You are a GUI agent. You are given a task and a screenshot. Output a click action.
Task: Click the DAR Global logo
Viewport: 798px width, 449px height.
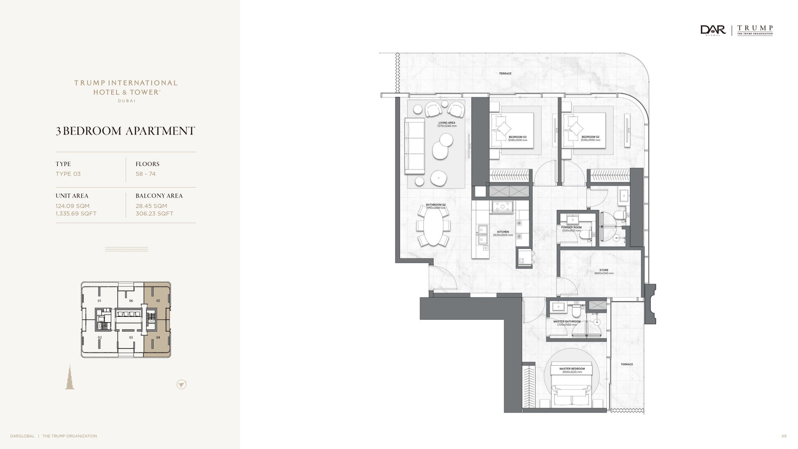713,30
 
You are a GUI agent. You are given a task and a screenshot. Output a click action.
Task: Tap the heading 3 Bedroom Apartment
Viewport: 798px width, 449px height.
125,131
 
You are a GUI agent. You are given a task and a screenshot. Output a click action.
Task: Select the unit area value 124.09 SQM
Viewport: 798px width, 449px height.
73,206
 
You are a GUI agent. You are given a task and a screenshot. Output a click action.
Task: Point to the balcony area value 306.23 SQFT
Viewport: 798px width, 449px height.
155,214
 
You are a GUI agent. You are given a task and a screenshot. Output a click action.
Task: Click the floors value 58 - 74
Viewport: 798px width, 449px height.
146,174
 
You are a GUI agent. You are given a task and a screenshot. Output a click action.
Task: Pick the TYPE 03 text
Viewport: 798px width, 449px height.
68,174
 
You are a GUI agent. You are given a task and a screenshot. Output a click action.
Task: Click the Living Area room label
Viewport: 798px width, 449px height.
446,123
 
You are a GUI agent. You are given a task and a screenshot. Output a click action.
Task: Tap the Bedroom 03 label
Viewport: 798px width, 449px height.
517,137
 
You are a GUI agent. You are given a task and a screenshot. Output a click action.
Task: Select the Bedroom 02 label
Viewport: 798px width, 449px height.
590,137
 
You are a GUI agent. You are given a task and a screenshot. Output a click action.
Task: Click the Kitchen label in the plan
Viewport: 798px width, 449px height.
503,232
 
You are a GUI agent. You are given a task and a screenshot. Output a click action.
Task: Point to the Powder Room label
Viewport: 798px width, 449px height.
571,227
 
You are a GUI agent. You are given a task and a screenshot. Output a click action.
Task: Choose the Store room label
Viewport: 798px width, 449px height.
603,270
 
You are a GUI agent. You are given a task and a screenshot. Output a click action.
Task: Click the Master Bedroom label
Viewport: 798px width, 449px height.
572,369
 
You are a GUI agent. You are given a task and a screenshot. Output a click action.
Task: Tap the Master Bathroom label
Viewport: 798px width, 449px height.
567,322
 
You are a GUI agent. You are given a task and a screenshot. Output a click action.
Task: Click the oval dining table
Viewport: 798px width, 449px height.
433,226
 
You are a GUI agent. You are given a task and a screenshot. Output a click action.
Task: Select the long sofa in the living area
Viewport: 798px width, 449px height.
414,146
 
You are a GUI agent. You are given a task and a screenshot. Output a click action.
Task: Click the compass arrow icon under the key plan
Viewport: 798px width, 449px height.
182,385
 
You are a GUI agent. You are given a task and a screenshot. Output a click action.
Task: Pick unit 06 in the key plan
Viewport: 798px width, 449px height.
131,301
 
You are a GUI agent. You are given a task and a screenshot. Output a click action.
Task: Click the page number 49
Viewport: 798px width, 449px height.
784,436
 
